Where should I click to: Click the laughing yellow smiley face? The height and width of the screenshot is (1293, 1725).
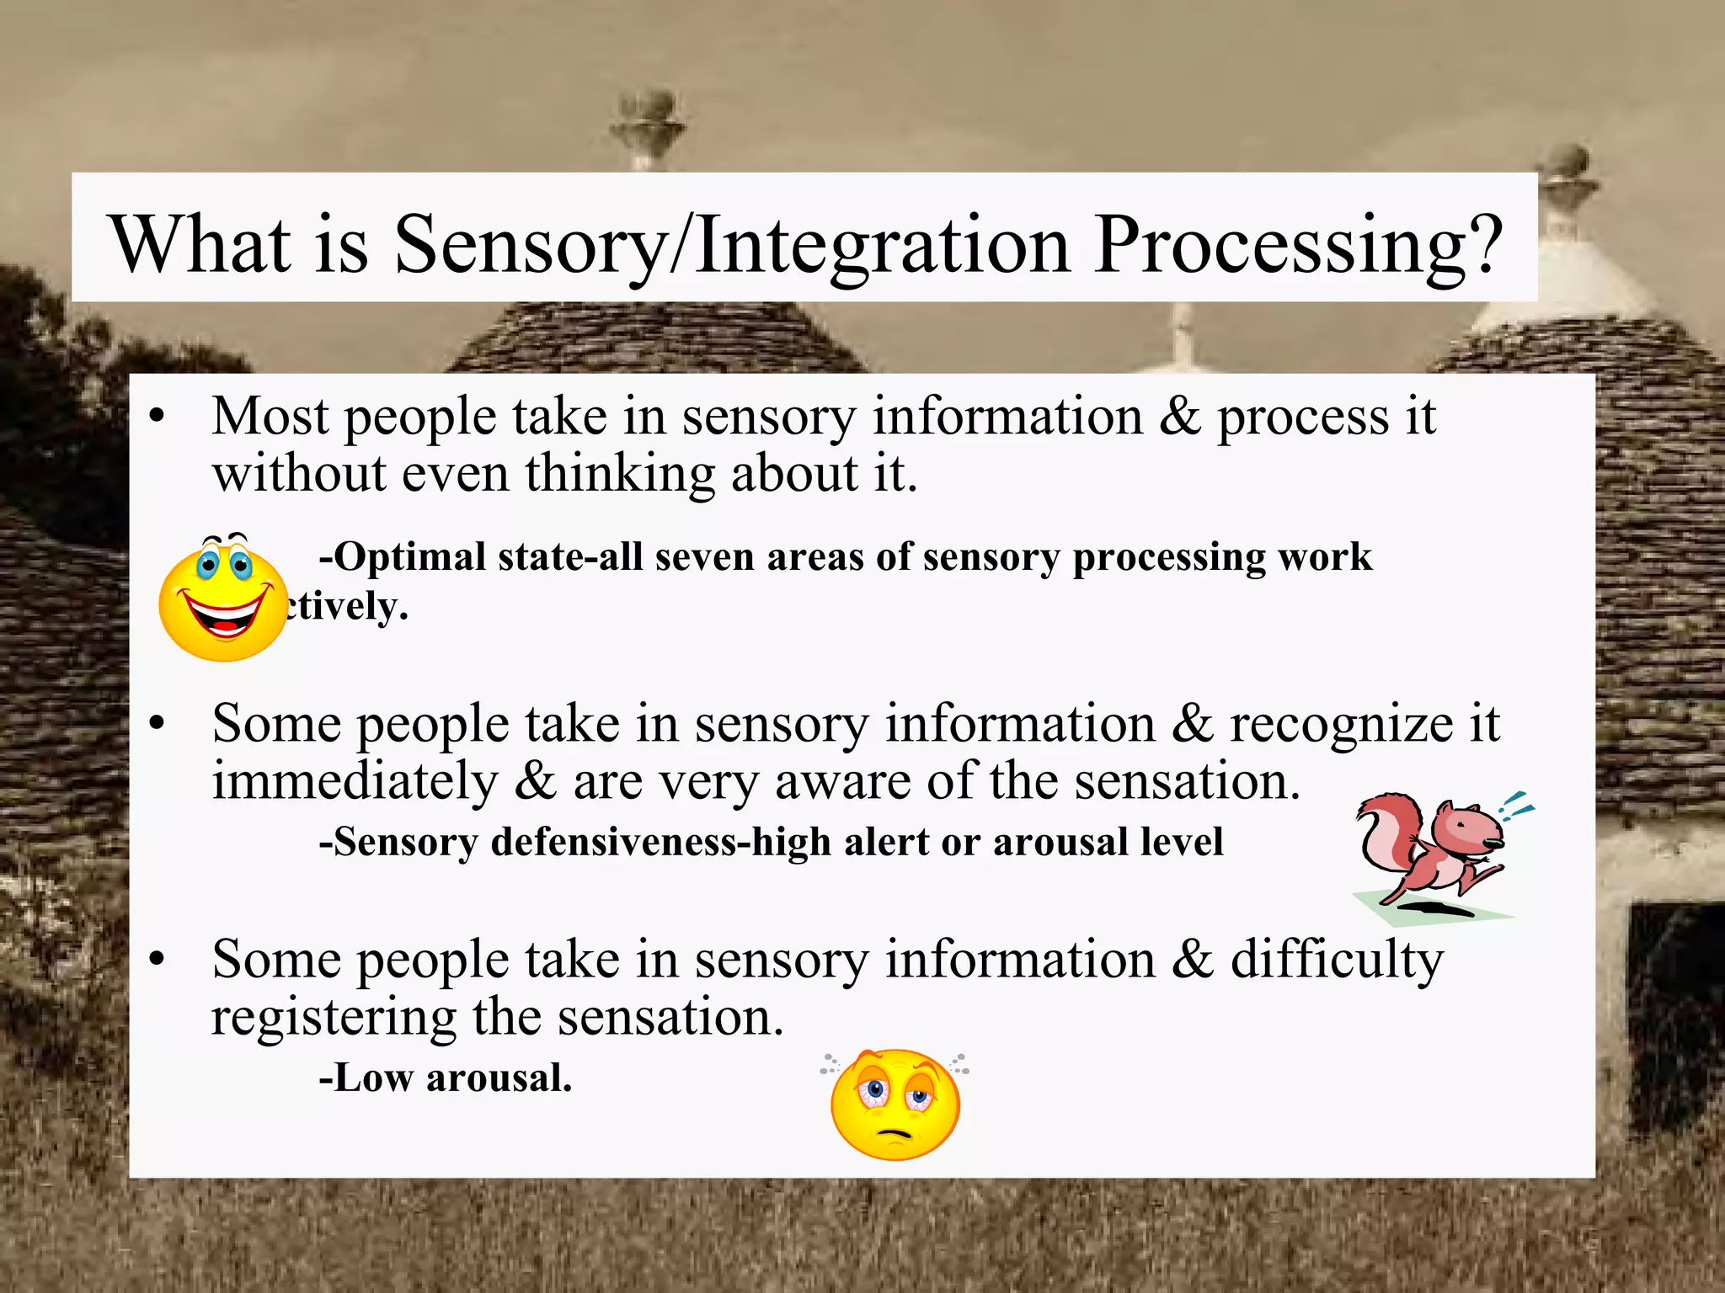click(x=223, y=599)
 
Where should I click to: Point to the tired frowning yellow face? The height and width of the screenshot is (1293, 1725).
click(x=895, y=1104)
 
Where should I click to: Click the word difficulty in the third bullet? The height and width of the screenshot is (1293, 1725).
click(x=1337, y=960)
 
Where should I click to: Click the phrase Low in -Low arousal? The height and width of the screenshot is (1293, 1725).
click(x=374, y=1078)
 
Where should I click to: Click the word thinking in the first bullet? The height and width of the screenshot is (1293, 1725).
click(x=620, y=474)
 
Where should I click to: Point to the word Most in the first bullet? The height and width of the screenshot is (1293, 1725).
click(x=270, y=417)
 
